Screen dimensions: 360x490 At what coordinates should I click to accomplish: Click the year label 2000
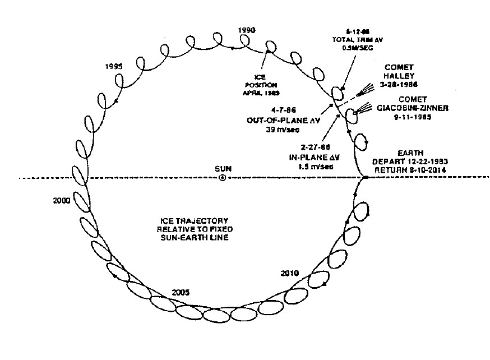pyautogui.click(x=60, y=200)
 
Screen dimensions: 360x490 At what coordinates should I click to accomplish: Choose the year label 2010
pyautogui.click(x=290, y=274)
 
